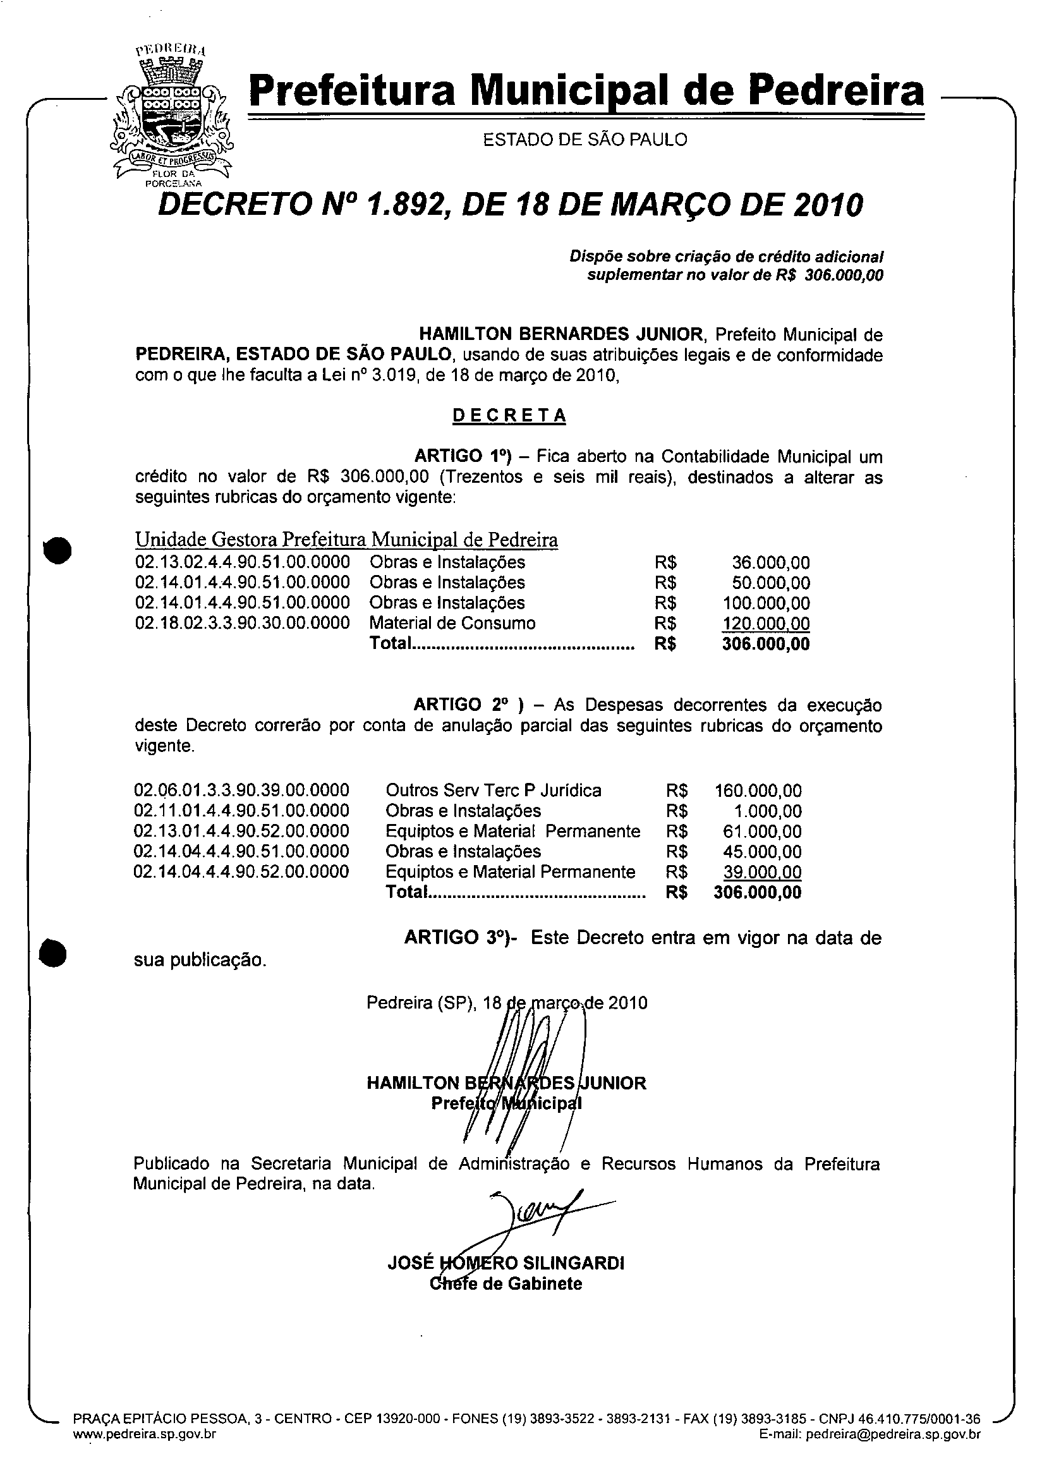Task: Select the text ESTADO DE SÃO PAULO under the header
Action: coord(585,140)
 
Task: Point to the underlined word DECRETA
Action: coord(509,416)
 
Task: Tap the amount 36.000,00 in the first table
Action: coord(770,563)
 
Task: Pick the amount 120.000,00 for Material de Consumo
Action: coord(765,624)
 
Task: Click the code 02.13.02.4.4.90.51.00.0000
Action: coord(243,562)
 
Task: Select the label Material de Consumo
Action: coord(452,623)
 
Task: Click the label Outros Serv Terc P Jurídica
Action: coord(493,791)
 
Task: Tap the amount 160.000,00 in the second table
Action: coord(758,791)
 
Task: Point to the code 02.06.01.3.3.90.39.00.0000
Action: coord(241,791)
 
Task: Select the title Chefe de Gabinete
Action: coord(506,1284)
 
